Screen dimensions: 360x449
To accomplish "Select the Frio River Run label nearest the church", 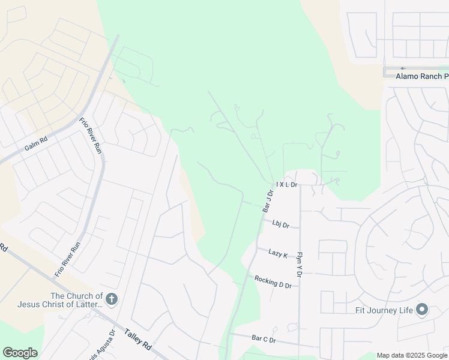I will point(67,259).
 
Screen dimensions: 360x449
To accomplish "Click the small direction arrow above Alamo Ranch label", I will point(403,68).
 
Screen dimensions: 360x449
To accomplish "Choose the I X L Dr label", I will point(286,185).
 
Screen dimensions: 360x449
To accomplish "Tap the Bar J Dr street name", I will point(268,201).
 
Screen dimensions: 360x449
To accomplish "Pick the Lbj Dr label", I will point(280,225).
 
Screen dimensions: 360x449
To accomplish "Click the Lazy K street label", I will point(278,254).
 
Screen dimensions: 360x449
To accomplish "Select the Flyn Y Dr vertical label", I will point(299,263).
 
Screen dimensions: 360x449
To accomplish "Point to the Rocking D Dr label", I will point(273,282).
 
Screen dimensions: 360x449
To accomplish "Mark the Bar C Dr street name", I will point(264,340).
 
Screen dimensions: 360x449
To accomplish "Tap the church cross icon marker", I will point(111,299).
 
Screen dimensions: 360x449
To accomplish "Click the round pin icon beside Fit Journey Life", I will point(422,310).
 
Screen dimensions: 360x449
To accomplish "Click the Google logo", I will point(20,353).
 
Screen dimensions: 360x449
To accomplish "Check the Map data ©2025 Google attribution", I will point(412,355).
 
